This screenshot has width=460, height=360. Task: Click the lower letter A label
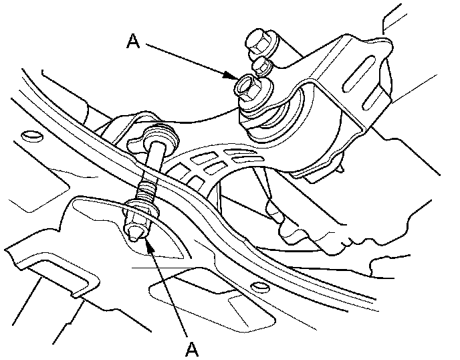[x=192, y=348]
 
